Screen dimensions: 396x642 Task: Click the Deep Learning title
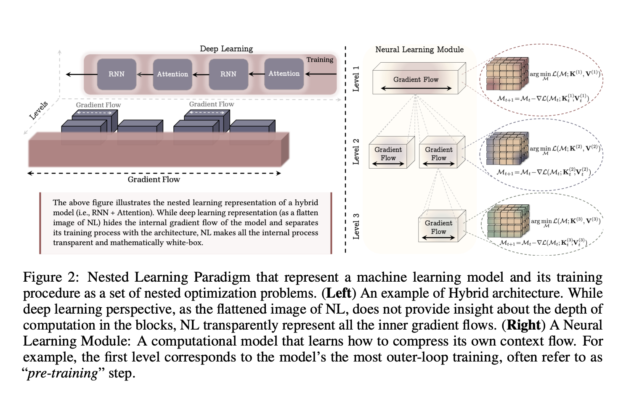226,49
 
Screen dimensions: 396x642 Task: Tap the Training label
320,60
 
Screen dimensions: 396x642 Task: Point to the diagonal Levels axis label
39,110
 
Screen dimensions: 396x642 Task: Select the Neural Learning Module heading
419,50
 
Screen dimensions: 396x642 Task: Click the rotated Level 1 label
356,79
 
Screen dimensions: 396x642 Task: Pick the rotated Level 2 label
356,151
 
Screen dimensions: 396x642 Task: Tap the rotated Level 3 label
356,226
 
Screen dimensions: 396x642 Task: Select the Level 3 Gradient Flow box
438,227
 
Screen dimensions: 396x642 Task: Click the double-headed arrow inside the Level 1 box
416,88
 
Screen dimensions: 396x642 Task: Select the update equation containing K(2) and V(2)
544,172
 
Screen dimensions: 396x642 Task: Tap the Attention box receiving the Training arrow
284,74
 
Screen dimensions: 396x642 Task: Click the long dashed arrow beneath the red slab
154,173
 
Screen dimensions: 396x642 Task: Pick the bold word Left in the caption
339,293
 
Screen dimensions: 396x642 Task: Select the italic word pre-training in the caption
62,373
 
